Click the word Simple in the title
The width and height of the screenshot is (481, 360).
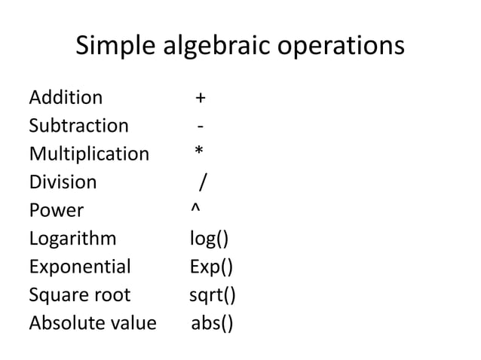click(114, 47)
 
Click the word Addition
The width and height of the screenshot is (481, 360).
click(66, 98)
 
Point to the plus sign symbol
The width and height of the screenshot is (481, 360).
click(201, 99)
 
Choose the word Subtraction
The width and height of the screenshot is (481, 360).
click(78, 126)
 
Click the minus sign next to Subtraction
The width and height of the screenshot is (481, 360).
click(199, 127)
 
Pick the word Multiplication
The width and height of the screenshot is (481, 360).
click(89, 154)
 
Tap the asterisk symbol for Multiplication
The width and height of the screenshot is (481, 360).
click(199, 152)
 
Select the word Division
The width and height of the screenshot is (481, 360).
click(63, 182)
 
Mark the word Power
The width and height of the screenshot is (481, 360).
click(56, 211)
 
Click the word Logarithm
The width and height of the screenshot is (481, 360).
click(72, 239)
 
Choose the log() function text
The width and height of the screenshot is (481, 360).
click(210, 239)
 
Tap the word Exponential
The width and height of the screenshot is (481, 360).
click(80, 267)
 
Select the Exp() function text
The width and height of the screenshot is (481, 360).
click(211, 267)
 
